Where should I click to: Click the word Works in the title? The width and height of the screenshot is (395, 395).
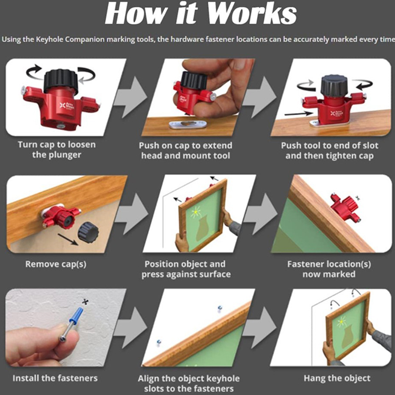pyautogui.click(x=252, y=13)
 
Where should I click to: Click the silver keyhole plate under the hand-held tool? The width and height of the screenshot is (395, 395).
pyautogui.click(x=188, y=124)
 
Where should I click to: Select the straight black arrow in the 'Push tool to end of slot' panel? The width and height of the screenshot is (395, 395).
pyautogui.click(x=299, y=114)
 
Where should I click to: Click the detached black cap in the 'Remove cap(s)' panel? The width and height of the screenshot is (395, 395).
pyautogui.click(x=88, y=232)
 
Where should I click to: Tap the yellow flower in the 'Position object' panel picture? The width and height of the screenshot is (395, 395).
pyautogui.click(x=196, y=212)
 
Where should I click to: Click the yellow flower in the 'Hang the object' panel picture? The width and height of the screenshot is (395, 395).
pyautogui.click(x=341, y=322)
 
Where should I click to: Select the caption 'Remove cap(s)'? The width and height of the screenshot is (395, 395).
pyautogui.click(x=56, y=264)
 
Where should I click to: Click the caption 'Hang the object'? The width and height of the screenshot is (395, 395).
pyautogui.click(x=337, y=378)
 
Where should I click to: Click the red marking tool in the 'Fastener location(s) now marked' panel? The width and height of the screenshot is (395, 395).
pyautogui.click(x=345, y=207)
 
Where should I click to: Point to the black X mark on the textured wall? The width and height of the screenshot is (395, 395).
pyautogui.click(x=85, y=301)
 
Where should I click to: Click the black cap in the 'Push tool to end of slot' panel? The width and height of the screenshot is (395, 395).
pyautogui.click(x=334, y=85)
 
